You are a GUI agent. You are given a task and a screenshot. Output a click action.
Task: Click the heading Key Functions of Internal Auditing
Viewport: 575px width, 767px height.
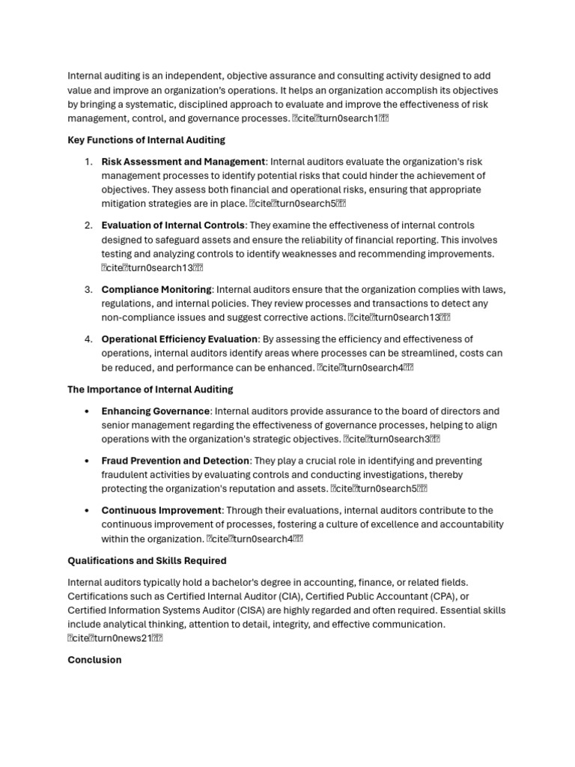point(146,140)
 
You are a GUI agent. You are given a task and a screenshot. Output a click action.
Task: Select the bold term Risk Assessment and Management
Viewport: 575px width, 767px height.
point(183,162)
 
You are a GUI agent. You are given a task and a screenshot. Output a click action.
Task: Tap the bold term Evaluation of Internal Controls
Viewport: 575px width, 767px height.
point(173,225)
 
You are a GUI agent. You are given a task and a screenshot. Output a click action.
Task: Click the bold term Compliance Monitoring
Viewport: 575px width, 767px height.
point(156,289)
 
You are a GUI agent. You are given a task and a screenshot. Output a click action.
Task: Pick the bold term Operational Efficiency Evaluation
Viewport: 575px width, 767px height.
point(180,339)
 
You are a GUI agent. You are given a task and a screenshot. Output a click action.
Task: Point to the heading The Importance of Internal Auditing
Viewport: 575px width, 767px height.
point(150,389)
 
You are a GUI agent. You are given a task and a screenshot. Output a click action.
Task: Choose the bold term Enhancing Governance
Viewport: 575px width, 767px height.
point(156,411)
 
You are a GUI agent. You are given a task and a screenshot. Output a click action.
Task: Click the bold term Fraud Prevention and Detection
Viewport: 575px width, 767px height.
point(175,461)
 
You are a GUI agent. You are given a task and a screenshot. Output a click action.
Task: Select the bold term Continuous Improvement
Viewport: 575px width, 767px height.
point(162,510)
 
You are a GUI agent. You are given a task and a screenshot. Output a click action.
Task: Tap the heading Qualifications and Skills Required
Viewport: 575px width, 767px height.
point(147,560)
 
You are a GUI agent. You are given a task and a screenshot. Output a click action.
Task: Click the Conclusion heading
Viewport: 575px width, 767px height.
point(94,660)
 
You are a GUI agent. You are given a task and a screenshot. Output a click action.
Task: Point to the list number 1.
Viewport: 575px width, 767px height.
point(88,162)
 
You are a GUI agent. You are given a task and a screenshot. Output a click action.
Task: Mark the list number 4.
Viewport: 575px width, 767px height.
point(88,339)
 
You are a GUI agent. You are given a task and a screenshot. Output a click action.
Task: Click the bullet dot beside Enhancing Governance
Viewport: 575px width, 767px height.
point(88,411)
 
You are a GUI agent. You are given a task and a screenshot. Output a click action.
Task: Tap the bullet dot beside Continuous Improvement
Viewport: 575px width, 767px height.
point(88,510)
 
